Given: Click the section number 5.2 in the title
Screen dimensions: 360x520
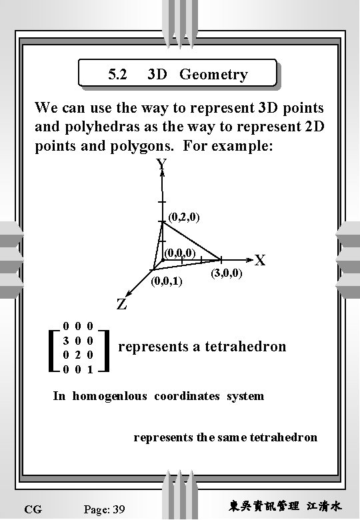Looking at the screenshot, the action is (x=117, y=75).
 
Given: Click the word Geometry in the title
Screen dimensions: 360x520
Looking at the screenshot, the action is (x=213, y=75).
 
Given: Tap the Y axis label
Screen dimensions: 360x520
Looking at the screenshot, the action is (x=161, y=165).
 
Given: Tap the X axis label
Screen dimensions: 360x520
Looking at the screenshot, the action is (x=260, y=261).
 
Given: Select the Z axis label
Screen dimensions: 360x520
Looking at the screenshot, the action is (x=122, y=305).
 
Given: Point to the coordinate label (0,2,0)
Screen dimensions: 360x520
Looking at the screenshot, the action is (x=184, y=217).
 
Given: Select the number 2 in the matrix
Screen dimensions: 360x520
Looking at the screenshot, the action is (x=77, y=354).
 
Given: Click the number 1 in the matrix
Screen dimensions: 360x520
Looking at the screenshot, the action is (x=89, y=368).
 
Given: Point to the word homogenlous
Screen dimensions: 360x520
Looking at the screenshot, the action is (x=110, y=396).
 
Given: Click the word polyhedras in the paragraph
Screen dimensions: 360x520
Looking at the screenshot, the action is (x=93, y=127).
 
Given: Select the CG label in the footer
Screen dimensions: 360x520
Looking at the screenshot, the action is (x=32, y=509).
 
